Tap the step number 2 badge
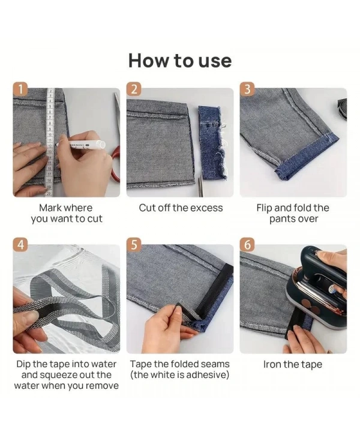[134, 89]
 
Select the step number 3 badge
[247, 89]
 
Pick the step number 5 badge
[134, 245]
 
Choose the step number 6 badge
[247, 245]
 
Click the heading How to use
[180, 61]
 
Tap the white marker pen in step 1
[81, 144]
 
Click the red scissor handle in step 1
[116, 163]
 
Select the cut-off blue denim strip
[212, 142]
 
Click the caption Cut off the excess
[181, 208]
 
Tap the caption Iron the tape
[293, 364]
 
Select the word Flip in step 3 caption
[264, 208]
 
